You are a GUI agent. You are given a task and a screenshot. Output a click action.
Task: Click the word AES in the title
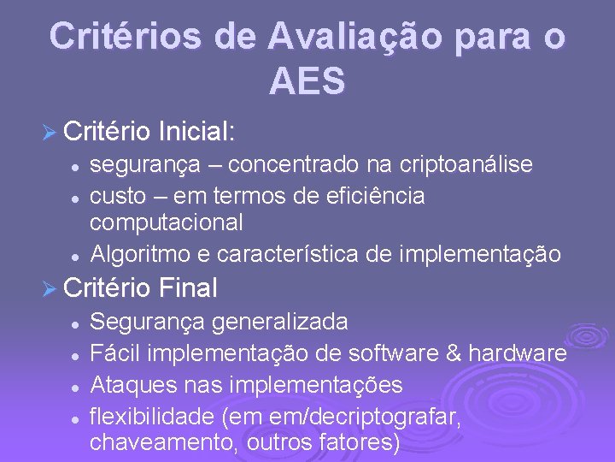(x=307, y=81)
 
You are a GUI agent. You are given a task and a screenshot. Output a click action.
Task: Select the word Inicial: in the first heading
(x=196, y=132)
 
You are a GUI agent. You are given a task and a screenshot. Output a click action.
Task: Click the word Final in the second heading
(x=187, y=288)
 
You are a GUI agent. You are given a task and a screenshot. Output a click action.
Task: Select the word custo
(x=119, y=195)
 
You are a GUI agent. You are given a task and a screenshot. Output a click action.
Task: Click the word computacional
(x=167, y=222)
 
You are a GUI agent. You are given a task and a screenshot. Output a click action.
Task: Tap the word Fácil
(x=111, y=353)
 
